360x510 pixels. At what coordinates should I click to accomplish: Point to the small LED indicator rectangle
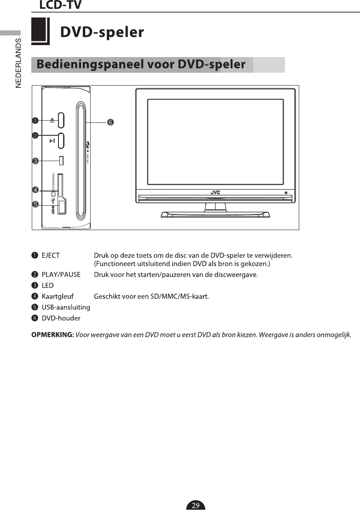61,161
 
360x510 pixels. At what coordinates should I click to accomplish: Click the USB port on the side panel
62,208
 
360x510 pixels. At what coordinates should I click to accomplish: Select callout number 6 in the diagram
110,122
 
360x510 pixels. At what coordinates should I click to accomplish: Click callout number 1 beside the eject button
35,121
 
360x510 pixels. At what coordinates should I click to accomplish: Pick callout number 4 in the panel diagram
35,189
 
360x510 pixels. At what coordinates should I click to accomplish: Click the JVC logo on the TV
215,192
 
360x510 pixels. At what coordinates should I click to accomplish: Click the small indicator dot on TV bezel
286,192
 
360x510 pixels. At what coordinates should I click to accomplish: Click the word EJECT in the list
51,255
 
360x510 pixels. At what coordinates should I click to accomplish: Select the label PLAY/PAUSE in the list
61,275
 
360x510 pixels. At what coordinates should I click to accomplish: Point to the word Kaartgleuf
58,296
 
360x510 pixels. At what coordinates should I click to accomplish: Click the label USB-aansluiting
66,307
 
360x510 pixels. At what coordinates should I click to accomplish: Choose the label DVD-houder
61,318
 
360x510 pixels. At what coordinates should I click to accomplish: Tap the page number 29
196,505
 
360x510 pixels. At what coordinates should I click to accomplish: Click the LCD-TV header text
60,6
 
